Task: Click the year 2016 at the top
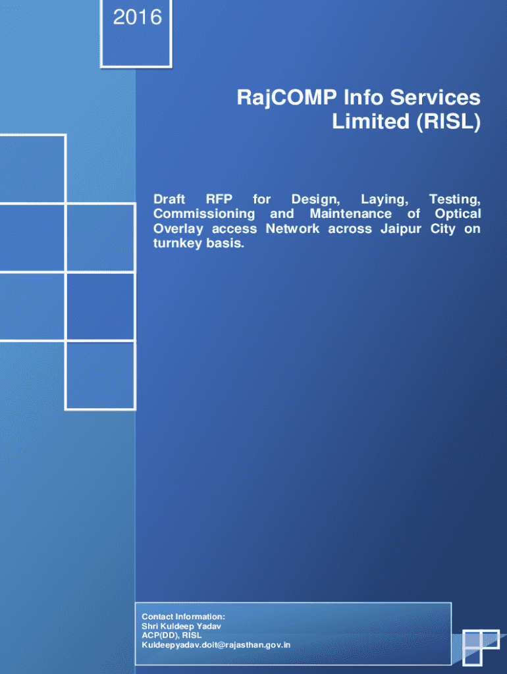click(137, 18)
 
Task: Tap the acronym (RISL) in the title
click(448, 122)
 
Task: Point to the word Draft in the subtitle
click(169, 199)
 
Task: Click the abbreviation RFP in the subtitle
click(219, 199)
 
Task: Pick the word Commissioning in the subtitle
click(204, 215)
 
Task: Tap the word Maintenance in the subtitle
click(351, 214)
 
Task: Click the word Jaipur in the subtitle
click(401, 229)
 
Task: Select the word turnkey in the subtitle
click(177, 244)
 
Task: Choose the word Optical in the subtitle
click(458, 214)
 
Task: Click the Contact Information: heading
click(183, 617)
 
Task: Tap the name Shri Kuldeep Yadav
click(181, 627)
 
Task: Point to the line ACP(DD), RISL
click(172, 635)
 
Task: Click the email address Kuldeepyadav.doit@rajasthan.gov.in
click(216, 645)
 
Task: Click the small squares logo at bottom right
click(481, 648)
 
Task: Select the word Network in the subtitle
click(292, 228)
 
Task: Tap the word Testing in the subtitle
click(454, 200)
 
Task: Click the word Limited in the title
click(371, 121)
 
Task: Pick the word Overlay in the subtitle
click(178, 230)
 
